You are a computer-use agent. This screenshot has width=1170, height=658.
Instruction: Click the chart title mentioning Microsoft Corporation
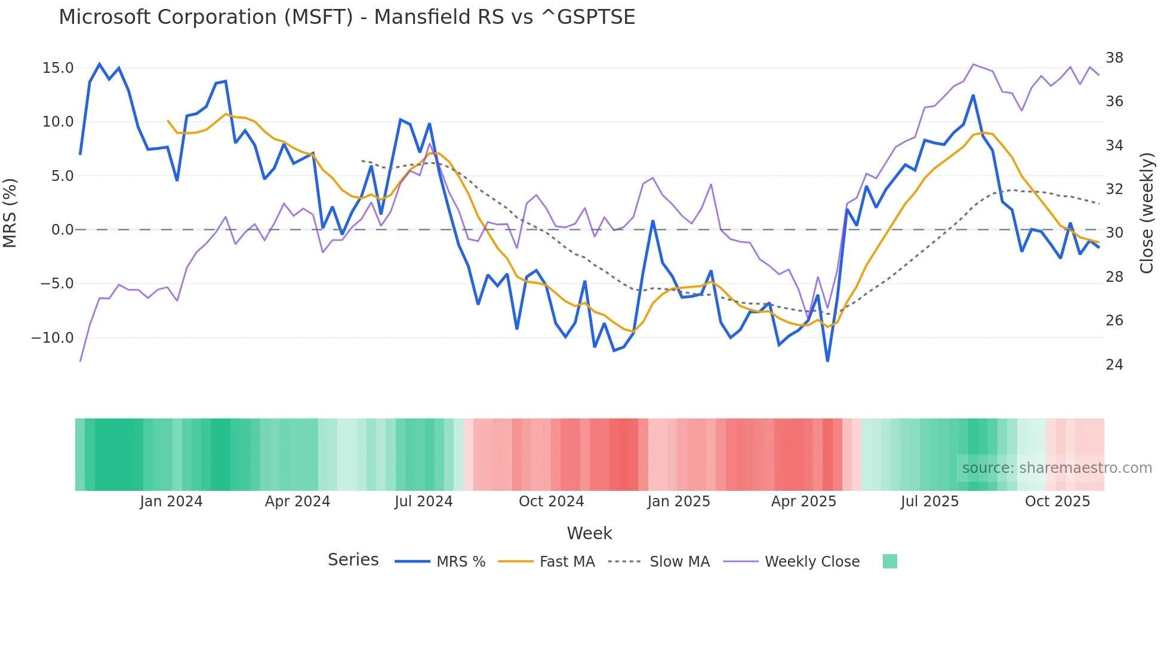347,17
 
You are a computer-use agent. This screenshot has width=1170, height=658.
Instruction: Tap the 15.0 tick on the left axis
58,68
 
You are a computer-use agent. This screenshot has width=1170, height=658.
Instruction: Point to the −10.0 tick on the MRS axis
53,338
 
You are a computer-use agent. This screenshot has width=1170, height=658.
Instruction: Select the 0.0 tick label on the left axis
62,230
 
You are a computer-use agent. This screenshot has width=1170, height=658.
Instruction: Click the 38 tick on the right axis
1114,58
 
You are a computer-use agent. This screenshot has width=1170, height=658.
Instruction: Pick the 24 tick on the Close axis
1114,365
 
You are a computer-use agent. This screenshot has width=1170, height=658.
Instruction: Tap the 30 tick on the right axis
1114,233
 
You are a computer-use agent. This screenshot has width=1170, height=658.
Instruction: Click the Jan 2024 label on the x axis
171,502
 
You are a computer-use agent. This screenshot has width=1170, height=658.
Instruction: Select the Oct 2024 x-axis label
551,502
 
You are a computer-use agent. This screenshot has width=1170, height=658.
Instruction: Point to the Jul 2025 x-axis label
929,502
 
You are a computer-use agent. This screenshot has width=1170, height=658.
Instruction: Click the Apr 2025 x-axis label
803,502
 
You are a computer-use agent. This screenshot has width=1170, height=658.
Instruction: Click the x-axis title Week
589,533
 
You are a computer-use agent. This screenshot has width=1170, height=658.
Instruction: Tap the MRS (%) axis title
10,213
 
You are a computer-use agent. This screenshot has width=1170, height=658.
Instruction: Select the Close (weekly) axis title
1146,213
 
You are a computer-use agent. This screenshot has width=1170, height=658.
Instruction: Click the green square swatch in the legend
889,561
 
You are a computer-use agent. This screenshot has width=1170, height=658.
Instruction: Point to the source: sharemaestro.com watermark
1057,468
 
